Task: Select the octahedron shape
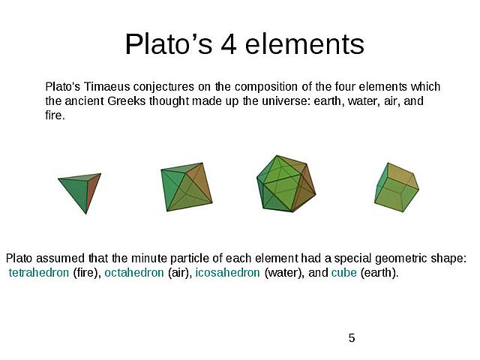click(x=185, y=187)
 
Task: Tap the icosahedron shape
click(x=286, y=184)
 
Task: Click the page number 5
click(x=352, y=338)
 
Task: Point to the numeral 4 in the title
click(x=229, y=45)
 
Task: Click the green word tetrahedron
click(x=39, y=273)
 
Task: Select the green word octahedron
click(x=133, y=273)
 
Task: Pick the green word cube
click(x=343, y=273)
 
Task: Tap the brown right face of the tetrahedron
click(x=91, y=191)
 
